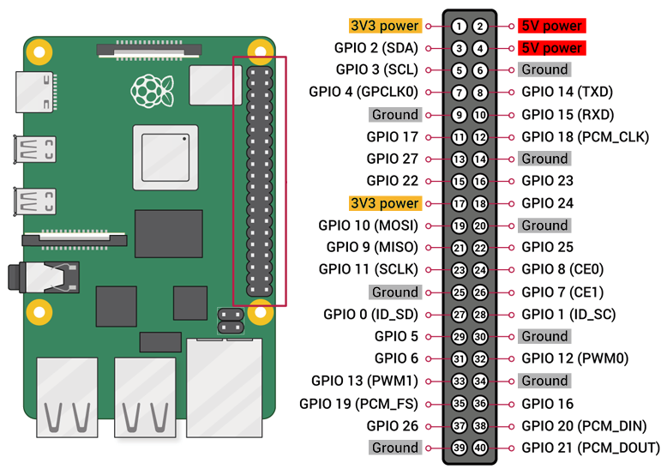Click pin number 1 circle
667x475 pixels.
(x=460, y=27)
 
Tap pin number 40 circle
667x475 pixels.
(x=480, y=448)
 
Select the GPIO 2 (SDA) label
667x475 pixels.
(x=376, y=48)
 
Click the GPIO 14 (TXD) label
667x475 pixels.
(x=567, y=93)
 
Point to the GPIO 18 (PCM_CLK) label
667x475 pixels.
(x=585, y=137)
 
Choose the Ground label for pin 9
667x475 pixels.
(x=394, y=115)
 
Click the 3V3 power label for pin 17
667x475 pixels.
(x=385, y=204)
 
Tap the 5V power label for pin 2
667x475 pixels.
(x=551, y=26)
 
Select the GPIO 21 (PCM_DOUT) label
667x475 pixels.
(x=591, y=448)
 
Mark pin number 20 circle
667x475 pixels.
(x=480, y=225)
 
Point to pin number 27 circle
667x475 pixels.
(x=460, y=315)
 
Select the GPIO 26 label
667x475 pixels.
(x=393, y=425)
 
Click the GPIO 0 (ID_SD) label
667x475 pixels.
(x=370, y=315)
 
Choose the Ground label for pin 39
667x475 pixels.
(x=394, y=448)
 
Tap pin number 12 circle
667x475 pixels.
(x=480, y=137)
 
